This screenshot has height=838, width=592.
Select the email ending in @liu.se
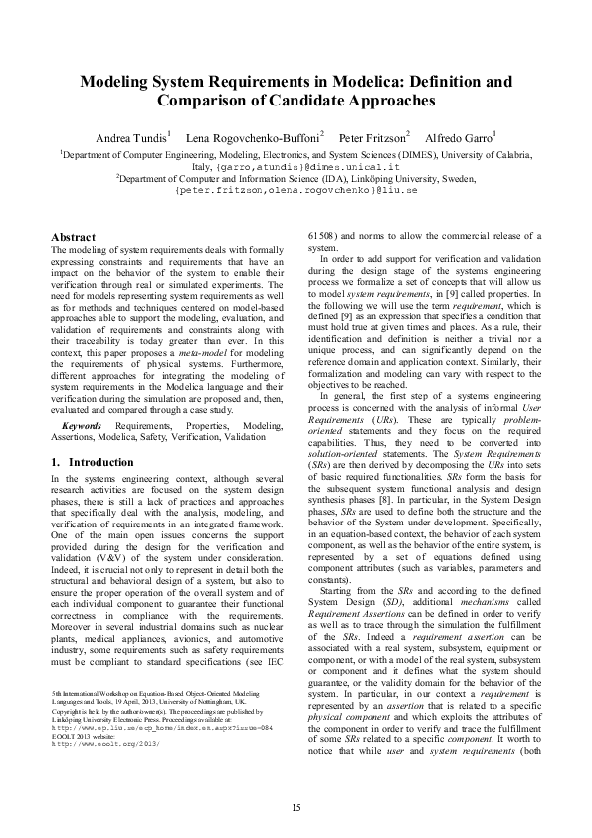[296, 189]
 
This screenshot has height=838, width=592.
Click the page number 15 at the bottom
[296, 806]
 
